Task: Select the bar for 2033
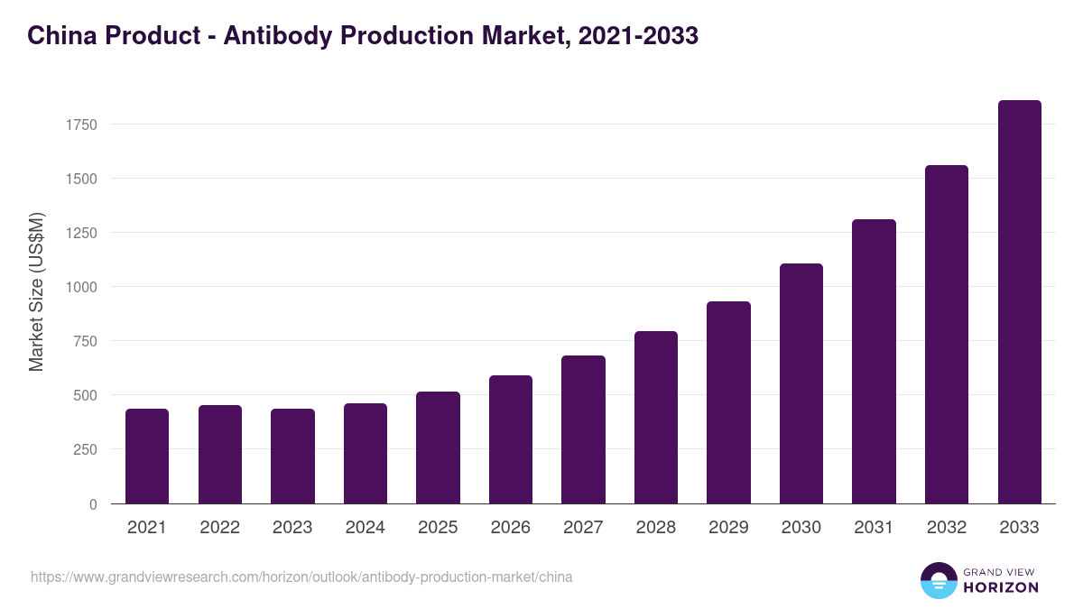click(x=1019, y=302)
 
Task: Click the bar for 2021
click(x=147, y=457)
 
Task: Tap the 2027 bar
click(x=583, y=429)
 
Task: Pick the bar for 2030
click(x=801, y=383)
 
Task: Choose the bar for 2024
click(x=366, y=454)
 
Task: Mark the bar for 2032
click(x=947, y=335)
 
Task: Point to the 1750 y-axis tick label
click(x=81, y=125)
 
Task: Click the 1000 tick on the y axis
click(x=81, y=287)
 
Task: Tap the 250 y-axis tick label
click(x=85, y=449)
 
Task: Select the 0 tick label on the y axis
click(x=93, y=504)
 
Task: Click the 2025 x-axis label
click(x=438, y=528)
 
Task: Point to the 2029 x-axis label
click(x=728, y=528)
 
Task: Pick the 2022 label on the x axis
click(x=219, y=528)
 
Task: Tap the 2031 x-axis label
click(x=874, y=528)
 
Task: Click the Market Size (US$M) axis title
click(x=36, y=292)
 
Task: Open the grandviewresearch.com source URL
click(x=301, y=577)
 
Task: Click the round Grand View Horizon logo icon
click(x=939, y=580)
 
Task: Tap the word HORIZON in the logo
click(x=1001, y=587)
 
